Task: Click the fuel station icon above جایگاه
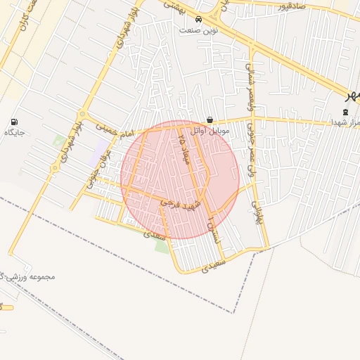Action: (x=15, y=122)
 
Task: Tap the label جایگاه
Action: (x=15, y=133)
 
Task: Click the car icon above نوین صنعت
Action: (x=199, y=20)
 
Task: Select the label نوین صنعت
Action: (x=199, y=30)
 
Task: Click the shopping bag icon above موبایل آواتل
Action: (x=210, y=120)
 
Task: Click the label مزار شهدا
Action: (x=345, y=122)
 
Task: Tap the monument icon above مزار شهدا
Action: (x=345, y=112)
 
